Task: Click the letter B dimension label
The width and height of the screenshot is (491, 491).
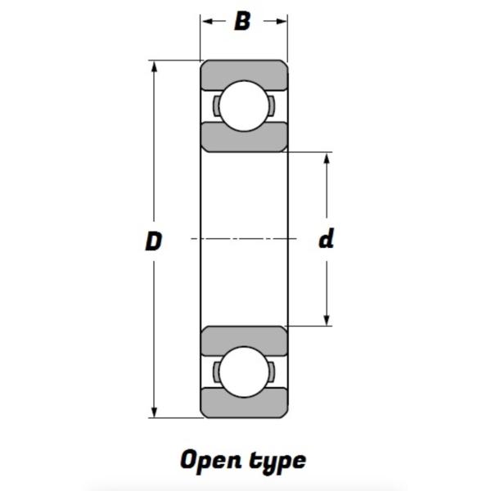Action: coord(242,21)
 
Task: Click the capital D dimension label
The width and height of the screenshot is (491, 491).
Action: coord(154,241)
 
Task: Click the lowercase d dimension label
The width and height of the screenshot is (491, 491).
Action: coord(327,239)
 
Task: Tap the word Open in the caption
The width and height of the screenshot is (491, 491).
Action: coord(211,460)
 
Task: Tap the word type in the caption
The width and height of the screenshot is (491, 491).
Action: coord(277,462)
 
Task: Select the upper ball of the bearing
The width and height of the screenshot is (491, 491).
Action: coord(244,106)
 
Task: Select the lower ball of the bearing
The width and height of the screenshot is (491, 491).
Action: coord(244,372)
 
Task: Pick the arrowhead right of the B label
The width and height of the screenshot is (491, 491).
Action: coord(282,21)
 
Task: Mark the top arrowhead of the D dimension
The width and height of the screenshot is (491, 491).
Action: coord(154,67)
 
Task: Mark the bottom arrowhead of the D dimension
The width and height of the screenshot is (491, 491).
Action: coord(154,412)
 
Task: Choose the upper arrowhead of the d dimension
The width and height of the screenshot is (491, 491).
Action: coord(327,159)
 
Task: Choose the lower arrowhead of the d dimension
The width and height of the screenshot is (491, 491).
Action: coord(327,319)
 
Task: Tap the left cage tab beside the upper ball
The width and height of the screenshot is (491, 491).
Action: coord(216,106)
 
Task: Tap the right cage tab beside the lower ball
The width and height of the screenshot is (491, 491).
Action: coord(272,372)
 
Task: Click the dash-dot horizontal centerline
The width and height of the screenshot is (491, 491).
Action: coord(244,239)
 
